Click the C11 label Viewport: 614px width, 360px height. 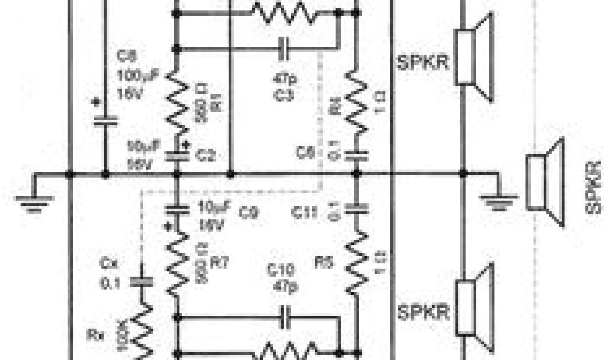pyautogui.click(x=306, y=211)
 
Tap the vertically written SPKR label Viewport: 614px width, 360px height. pyautogui.click(x=594, y=187)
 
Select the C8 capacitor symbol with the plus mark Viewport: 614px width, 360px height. pyautogui.click(x=106, y=119)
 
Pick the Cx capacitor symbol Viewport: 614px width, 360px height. pyautogui.click(x=142, y=281)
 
